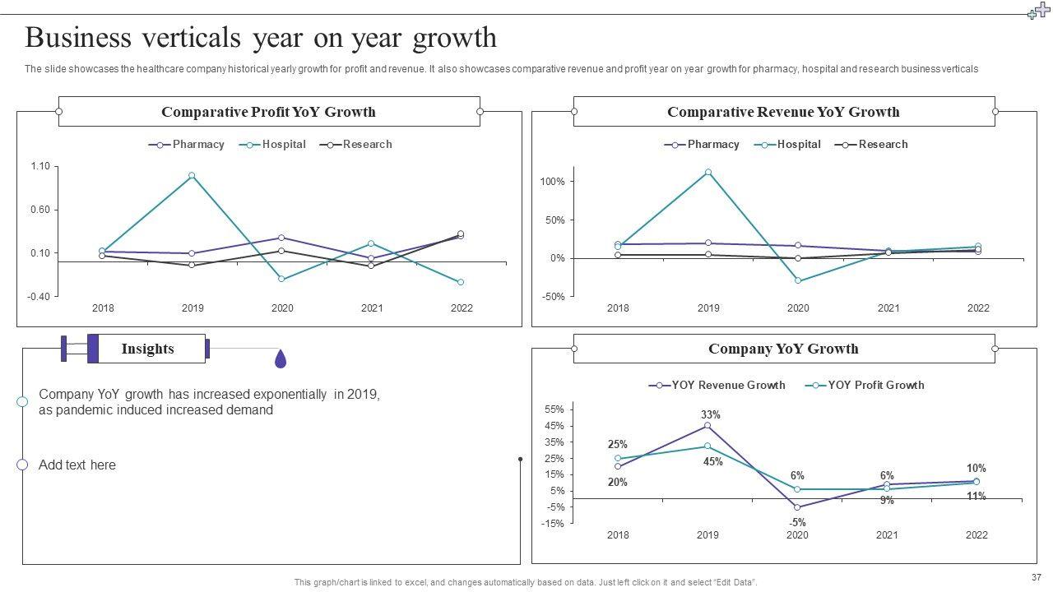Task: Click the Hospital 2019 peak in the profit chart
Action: click(x=192, y=175)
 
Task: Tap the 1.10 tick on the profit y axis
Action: click(x=39, y=167)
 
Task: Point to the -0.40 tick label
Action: click(x=39, y=296)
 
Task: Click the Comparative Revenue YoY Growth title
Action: click(x=783, y=112)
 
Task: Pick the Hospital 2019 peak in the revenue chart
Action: click(x=708, y=173)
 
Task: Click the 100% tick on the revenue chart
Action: click(x=552, y=182)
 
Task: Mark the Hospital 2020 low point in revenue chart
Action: click(x=798, y=280)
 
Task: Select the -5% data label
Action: click(x=797, y=522)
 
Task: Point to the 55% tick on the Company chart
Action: click(x=554, y=409)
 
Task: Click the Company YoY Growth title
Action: click(x=783, y=349)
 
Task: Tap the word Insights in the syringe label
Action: click(x=148, y=349)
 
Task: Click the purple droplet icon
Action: click(x=281, y=358)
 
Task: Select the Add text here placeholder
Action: click(x=77, y=465)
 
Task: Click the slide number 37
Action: click(x=1035, y=577)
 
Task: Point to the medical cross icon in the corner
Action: click(x=1039, y=11)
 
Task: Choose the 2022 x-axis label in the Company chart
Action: click(x=976, y=535)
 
